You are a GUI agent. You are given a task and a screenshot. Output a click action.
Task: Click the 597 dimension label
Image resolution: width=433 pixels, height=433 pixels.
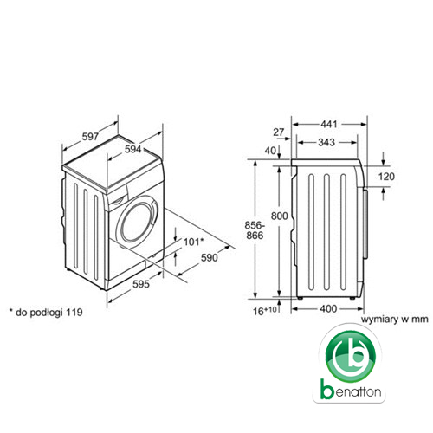coord(90,137)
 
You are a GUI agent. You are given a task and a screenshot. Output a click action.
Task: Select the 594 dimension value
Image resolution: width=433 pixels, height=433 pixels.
coord(132,149)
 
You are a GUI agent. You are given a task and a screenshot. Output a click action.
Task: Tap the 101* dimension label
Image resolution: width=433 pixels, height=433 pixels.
coord(194,242)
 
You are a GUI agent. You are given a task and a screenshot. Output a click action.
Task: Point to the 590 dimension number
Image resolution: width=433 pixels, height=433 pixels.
coord(210,257)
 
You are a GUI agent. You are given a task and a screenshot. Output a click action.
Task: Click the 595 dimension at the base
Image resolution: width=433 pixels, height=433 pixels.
coord(141,284)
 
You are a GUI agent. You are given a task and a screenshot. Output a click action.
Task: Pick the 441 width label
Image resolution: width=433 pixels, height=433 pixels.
coord(329,124)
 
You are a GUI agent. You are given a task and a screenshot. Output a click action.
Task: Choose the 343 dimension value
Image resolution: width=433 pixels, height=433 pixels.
coord(326,142)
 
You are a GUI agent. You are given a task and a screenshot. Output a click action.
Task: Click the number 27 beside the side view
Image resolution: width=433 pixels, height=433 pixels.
coord(279,132)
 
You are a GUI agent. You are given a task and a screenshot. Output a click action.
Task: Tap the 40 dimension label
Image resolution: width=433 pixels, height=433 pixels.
coord(270,151)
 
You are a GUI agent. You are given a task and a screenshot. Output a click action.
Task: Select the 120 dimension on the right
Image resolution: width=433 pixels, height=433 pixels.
coord(386,177)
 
